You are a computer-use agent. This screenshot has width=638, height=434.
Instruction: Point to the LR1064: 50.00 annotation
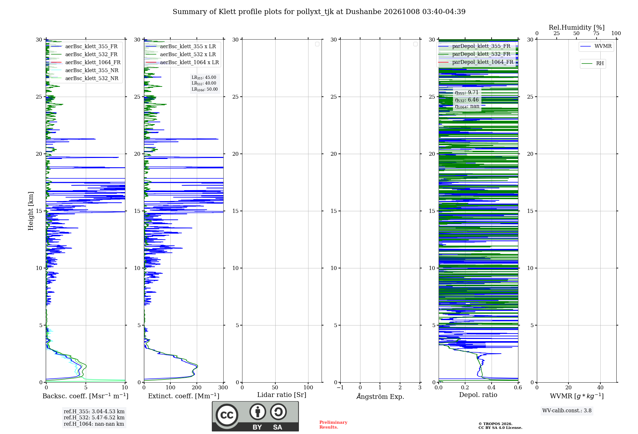[204, 89]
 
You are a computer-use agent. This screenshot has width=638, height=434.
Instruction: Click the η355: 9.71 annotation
[467, 93]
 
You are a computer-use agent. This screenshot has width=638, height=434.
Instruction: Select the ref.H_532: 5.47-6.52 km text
[94, 417]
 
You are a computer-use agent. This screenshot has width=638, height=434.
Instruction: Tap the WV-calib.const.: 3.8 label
[567, 411]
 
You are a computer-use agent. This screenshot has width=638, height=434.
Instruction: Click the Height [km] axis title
[31, 211]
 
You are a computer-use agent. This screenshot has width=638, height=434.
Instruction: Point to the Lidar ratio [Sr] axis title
[282, 395]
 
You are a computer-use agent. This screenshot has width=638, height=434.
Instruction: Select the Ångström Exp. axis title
[380, 396]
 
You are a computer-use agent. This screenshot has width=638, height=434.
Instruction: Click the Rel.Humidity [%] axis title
[577, 27]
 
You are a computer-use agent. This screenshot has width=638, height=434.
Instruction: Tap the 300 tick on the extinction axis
[223, 387]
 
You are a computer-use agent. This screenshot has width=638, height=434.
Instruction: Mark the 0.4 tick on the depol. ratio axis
[492, 387]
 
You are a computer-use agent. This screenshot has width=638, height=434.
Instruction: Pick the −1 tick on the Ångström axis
[340, 387]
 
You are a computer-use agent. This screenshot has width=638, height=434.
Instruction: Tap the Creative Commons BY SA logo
[255, 416]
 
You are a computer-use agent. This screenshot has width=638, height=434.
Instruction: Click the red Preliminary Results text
[333, 425]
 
